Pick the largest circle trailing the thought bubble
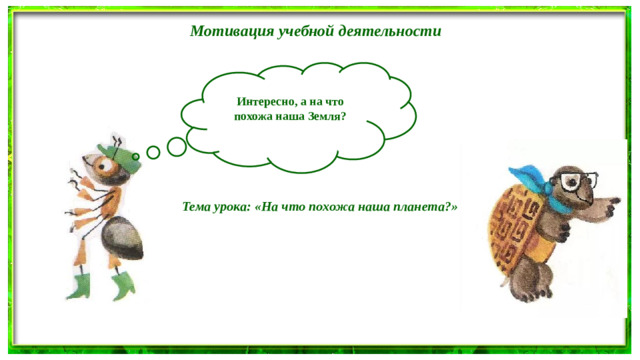coord(176,147)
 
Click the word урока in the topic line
coord(234,208)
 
